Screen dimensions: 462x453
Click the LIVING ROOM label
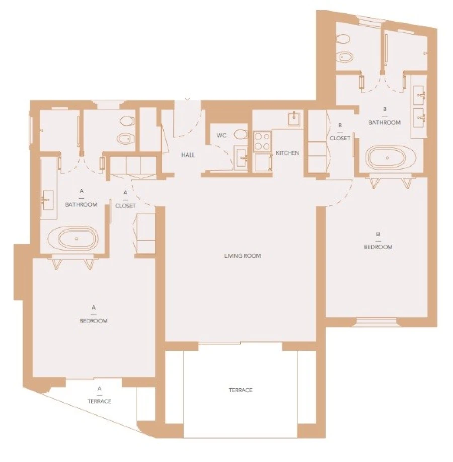pyautogui.click(x=243, y=256)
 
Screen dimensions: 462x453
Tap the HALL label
pyautogui.click(x=188, y=155)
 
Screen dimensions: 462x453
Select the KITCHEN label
pyautogui.click(x=288, y=153)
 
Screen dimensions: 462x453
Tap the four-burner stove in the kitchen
pyautogui.click(x=262, y=141)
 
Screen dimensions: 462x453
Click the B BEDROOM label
pyautogui.click(x=377, y=241)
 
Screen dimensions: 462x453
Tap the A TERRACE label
pyautogui.click(x=100, y=395)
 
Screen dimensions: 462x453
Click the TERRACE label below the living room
pyautogui.click(x=240, y=390)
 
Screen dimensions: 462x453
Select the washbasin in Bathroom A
pyautogui.click(x=49, y=200)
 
